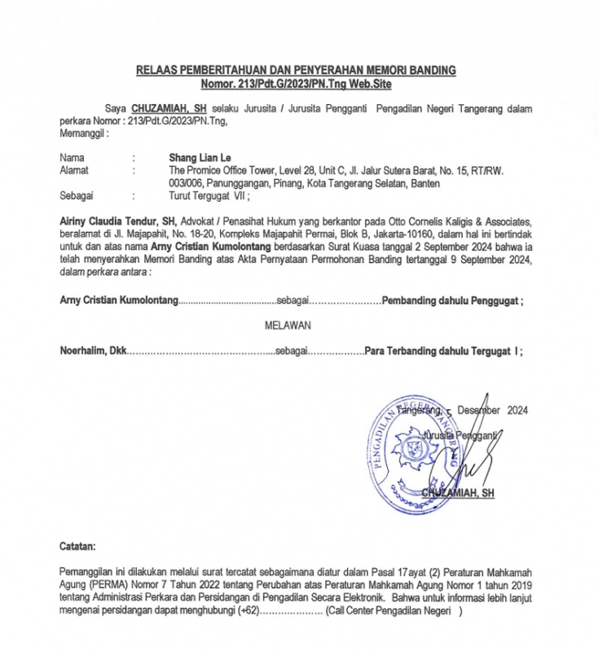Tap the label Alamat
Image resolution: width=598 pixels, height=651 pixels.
click(x=74, y=170)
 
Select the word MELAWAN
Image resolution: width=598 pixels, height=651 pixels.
click(x=288, y=325)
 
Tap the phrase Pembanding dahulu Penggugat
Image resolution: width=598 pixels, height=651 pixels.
click(x=452, y=300)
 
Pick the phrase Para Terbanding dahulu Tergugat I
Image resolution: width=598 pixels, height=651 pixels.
click(x=443, y=352)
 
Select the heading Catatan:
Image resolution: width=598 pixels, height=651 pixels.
click(x=77, y=544)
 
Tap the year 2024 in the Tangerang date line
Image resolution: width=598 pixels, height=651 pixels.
click(x=518, y=411)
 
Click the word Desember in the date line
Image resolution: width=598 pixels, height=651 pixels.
click(x=479, y=411)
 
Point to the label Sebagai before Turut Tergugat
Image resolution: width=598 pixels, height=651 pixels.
click(x=77, y=196)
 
